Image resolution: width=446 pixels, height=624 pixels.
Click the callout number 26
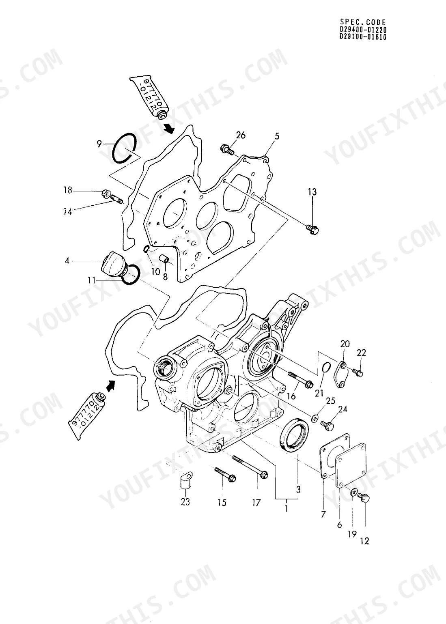pyautogui.click(x=241, y=135)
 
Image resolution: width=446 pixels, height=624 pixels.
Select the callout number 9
pyautogui.click(x=99, y=144)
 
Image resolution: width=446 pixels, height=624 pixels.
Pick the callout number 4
pyautogui.click(x=67, y=261)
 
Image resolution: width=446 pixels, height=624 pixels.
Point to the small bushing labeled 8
pyautogui.click(x=164, y=258)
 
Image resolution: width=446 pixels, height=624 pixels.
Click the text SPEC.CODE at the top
pyautogui.click(x=363, y=22)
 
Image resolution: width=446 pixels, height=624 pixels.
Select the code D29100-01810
pyautogui.click(x=363, y=37)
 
